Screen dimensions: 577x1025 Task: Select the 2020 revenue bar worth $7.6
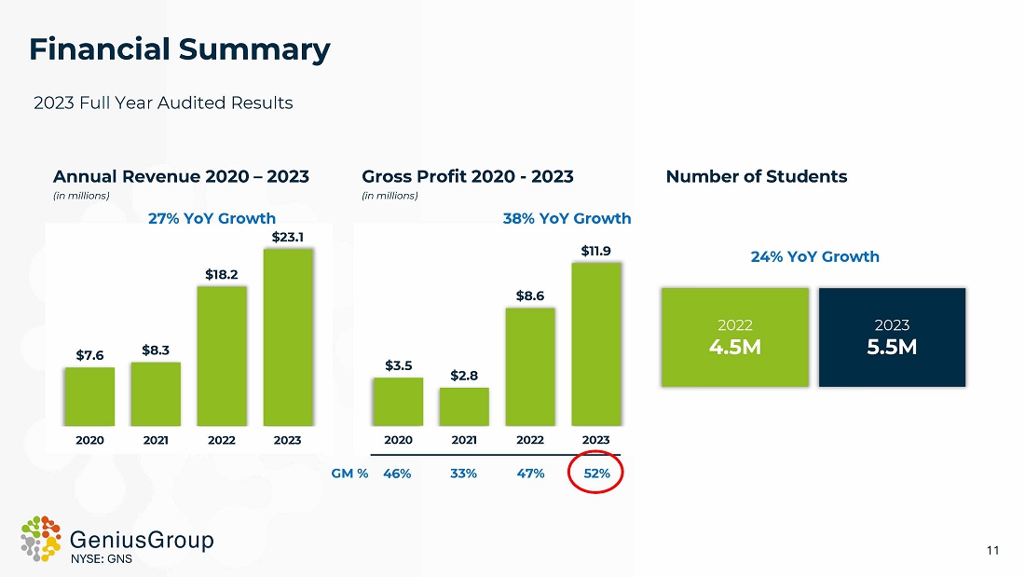coord(89,396)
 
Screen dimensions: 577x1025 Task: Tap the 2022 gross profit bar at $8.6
coord(529,366)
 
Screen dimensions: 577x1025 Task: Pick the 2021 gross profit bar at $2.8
coord(464,406)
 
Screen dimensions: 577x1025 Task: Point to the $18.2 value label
coord(222,274)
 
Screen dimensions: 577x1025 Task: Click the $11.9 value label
coord(595,251)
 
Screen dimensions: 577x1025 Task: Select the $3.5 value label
coord(398,365)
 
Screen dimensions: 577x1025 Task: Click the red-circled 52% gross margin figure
coord(596,474)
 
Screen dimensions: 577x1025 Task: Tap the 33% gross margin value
coord(463,474)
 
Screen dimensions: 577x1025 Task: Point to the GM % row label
coord(350,474)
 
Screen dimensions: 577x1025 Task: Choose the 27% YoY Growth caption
coord(212,218)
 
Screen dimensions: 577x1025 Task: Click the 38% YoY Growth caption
coord(567,218)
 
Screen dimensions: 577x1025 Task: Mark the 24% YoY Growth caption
coord(814,256)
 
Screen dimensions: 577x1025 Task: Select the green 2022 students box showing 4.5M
coord(735,337)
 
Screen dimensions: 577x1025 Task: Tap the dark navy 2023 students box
coord(892,337)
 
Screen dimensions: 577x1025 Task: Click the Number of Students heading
coord(757,176)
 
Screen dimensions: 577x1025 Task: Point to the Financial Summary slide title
coord(179,49)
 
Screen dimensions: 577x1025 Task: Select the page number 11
coord(992,551)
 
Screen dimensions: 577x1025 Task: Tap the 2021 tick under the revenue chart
coord(156,440)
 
